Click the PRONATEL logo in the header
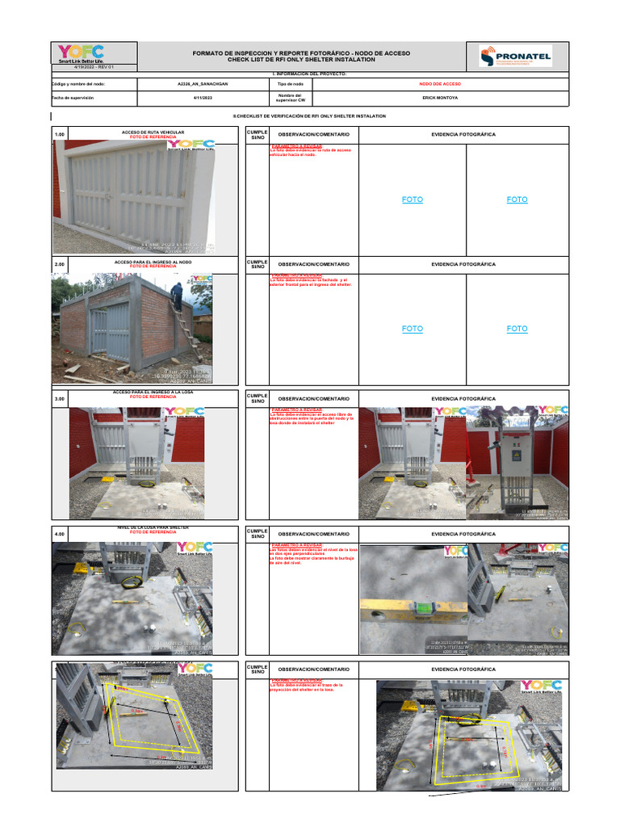(x=515, y=56)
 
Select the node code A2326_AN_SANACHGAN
(x=202, y=83)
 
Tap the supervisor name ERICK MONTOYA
(x=440, y=98)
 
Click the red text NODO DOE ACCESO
(x=440, y=83)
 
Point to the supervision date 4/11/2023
(x=202, y=98)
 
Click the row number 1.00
(x=59, y=135)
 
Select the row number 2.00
(x=59, y=264)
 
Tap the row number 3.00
(x=59, y=399)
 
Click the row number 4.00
(x=59, y=534)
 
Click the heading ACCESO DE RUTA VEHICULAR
(x=153, y=131)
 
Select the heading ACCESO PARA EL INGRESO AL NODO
(x=153, y=262)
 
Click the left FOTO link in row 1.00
(x=413, y=199)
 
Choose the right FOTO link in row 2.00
(x=517, y=329)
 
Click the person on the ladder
(x=177, y=295)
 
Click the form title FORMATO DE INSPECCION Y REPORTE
(x=300, y=53)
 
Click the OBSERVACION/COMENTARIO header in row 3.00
(x=313, y=399)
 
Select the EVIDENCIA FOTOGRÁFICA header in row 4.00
(x=463, y=534)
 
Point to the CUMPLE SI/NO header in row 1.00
(x=258, y=135)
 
